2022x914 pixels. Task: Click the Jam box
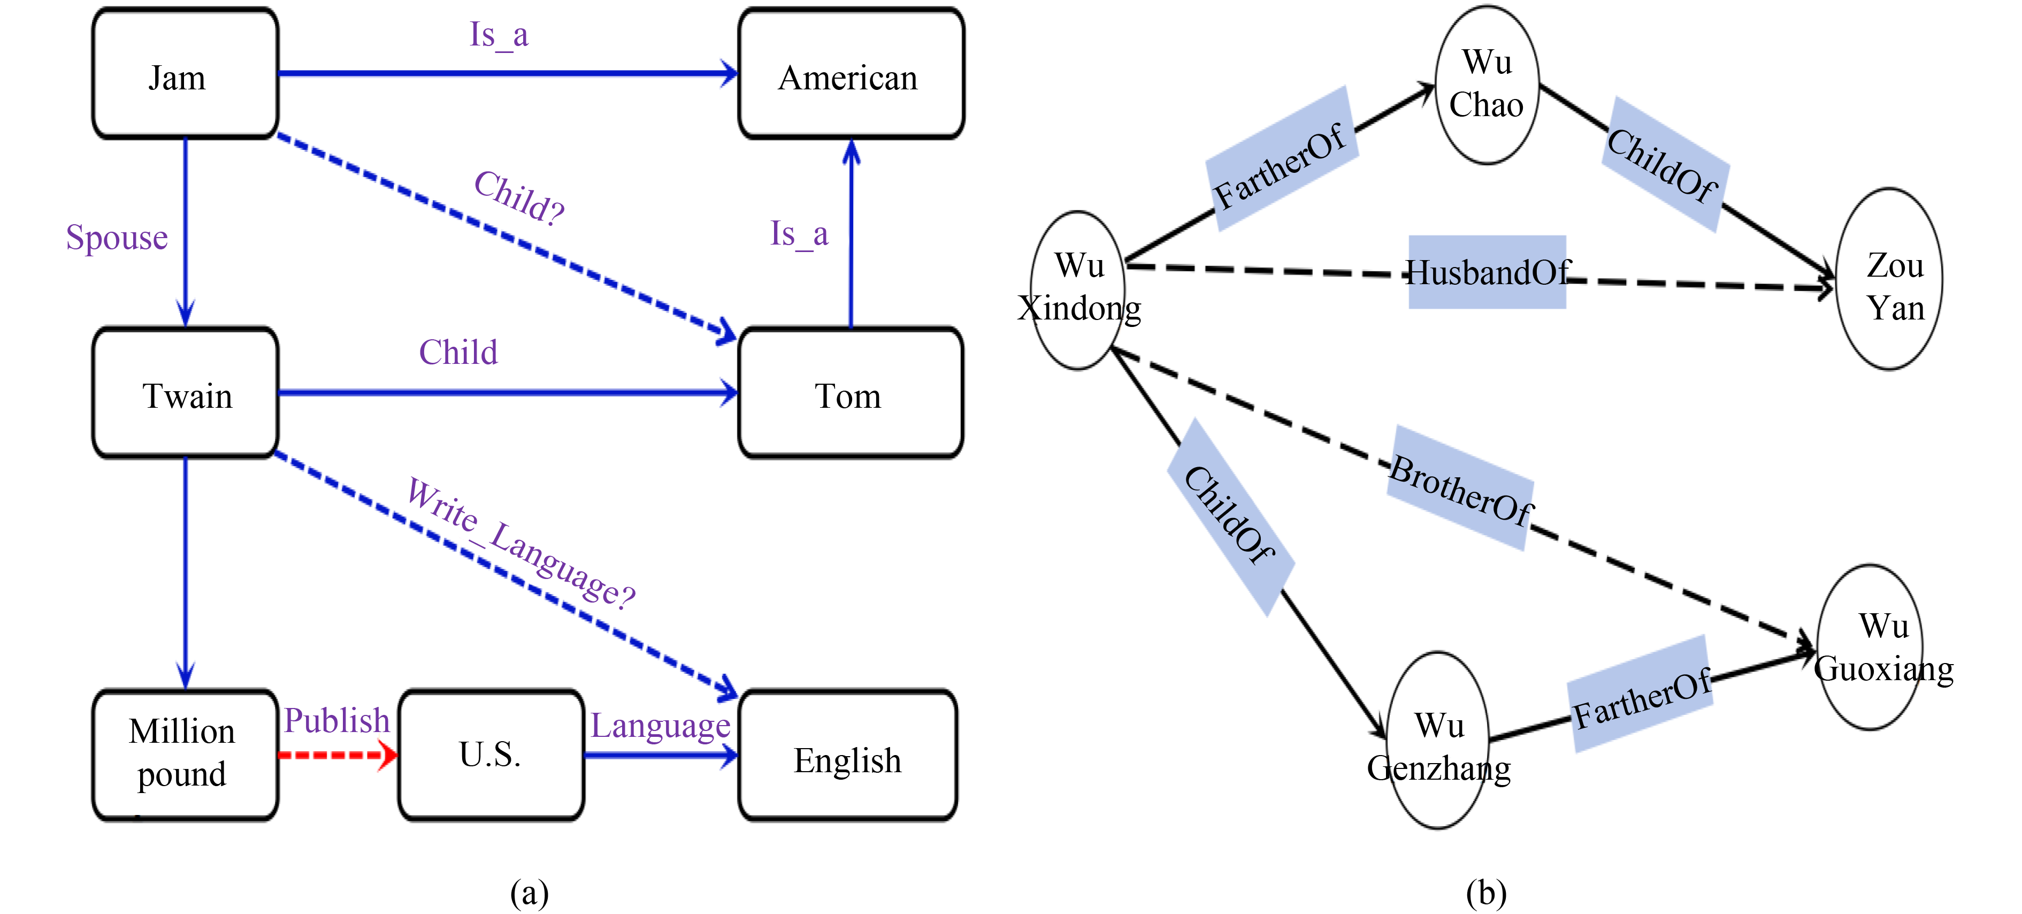185,74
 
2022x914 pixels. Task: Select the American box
851,74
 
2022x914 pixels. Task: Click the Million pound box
185,755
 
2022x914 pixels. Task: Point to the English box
848,756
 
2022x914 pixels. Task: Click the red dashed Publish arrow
338,756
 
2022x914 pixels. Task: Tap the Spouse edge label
117,237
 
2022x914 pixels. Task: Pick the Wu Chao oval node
1487,85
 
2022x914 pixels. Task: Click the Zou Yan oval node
1890,279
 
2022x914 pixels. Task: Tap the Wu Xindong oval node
1078,289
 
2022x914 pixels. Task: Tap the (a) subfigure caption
529,893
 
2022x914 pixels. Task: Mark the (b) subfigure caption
1486,893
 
